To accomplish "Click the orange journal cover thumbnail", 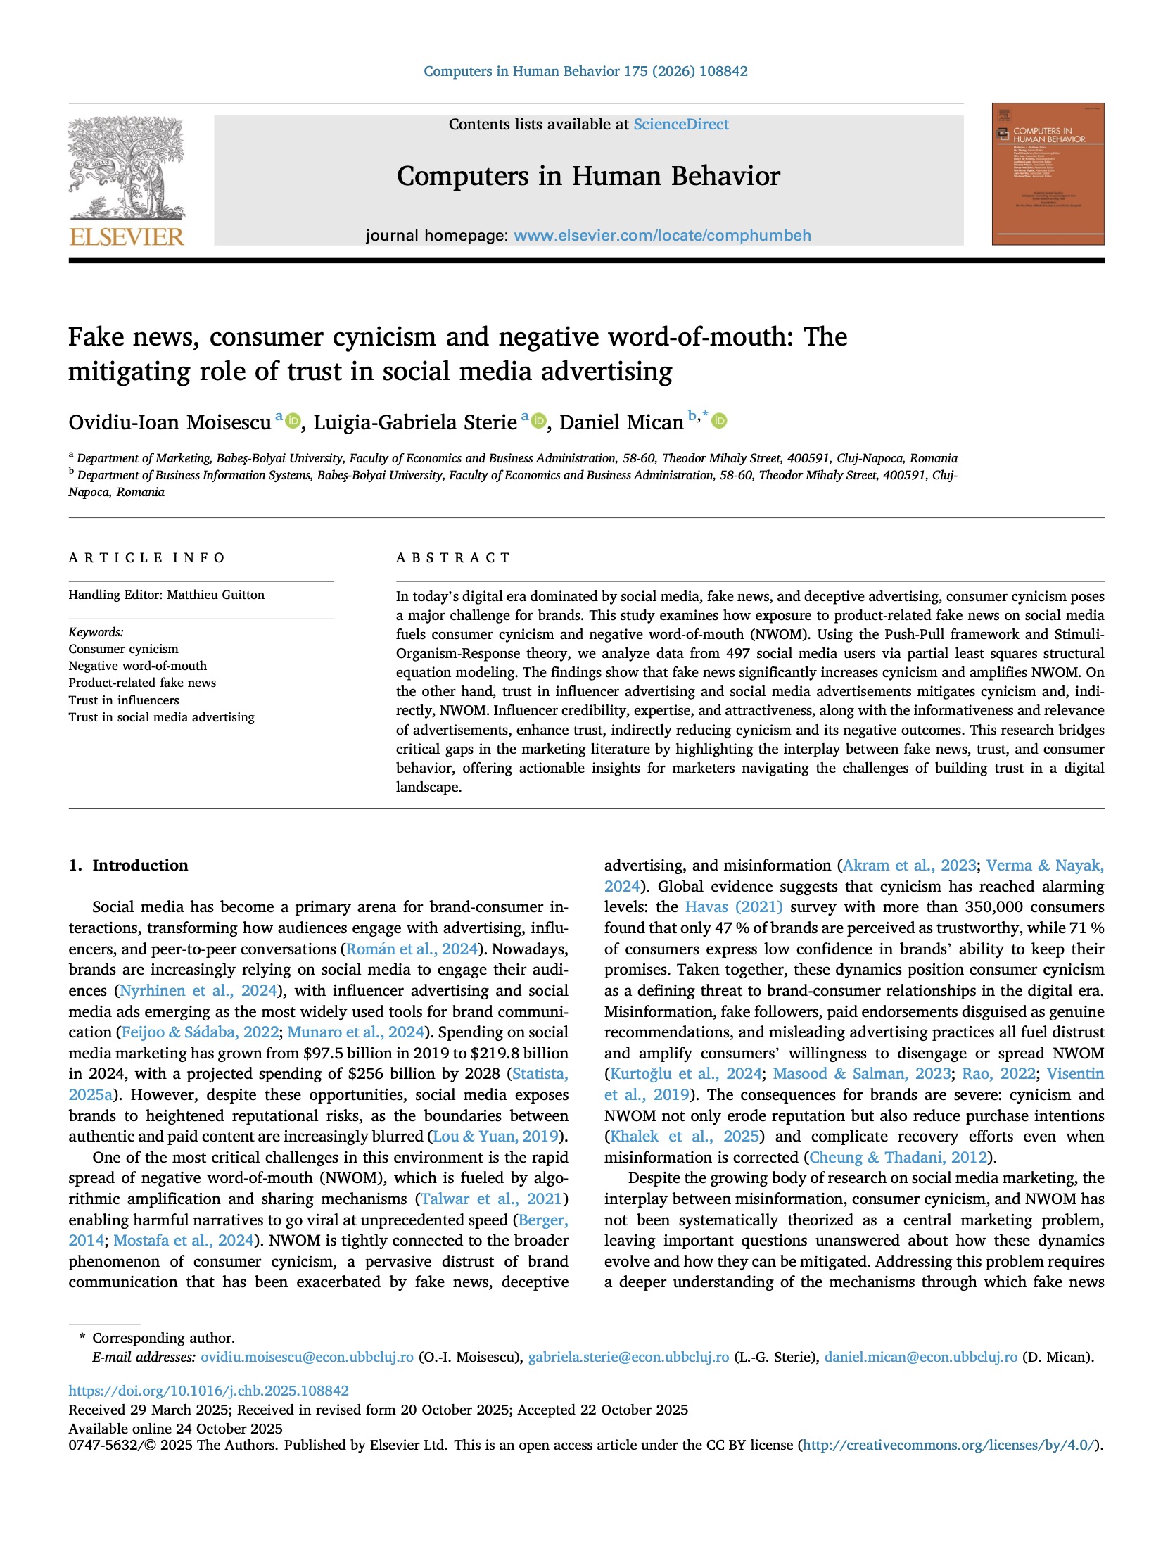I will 1047,174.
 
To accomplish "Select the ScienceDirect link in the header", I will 680,125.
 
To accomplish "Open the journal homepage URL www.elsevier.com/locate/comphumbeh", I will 662,235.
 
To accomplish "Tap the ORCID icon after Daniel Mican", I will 719,421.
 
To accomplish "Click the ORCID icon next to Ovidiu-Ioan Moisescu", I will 293,421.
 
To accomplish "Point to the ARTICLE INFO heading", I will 146,558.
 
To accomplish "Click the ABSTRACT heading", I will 453,558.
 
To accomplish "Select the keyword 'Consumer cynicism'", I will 123,649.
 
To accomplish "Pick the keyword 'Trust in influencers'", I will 123,700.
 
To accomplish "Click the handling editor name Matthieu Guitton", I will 215,595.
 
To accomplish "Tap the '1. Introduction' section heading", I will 128,865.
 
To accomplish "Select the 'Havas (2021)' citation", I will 733,906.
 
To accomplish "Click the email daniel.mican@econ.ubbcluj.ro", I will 920,1357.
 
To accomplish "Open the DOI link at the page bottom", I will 208,1391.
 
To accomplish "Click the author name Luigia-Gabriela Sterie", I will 414,422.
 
